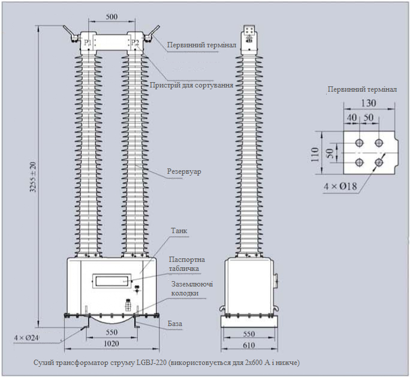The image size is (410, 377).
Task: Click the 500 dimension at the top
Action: click(111, 17)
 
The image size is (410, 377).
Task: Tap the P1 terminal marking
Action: click(88, 43)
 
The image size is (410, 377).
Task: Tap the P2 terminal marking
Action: click(135, 43)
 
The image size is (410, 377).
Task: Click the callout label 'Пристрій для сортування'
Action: click(191, 85)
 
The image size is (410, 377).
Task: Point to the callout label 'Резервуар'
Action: click(184, 172)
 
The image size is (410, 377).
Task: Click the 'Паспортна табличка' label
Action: click(188, 264)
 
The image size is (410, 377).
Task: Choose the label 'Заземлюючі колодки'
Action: click(192, 289)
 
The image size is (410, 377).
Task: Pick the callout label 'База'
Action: click(175, 324)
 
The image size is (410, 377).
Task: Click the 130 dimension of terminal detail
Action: click(369, 103)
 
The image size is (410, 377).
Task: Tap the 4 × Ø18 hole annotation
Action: click(340, 186)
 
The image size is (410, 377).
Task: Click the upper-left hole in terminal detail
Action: click(359, 143)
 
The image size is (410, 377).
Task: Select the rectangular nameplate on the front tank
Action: click(111, 279)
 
